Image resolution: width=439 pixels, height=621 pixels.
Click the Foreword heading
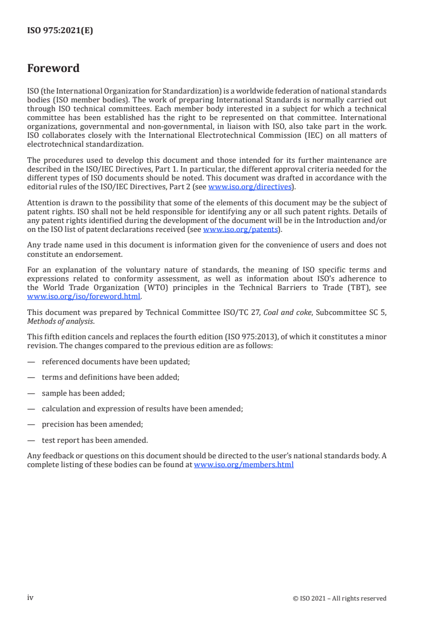pos(53,69)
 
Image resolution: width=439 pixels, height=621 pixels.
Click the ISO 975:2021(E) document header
pos(60,31)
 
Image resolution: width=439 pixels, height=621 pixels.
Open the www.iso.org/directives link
pos(250,187)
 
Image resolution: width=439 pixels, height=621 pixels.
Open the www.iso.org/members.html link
pos(244,465)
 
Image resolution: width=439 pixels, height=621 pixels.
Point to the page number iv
pos(30,598)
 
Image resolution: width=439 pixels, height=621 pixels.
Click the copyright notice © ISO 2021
pos(339,598)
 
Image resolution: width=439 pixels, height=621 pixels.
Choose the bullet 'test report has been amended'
pos(95,441)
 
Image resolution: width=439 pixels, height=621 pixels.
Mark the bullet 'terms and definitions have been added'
pos(110,377)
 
